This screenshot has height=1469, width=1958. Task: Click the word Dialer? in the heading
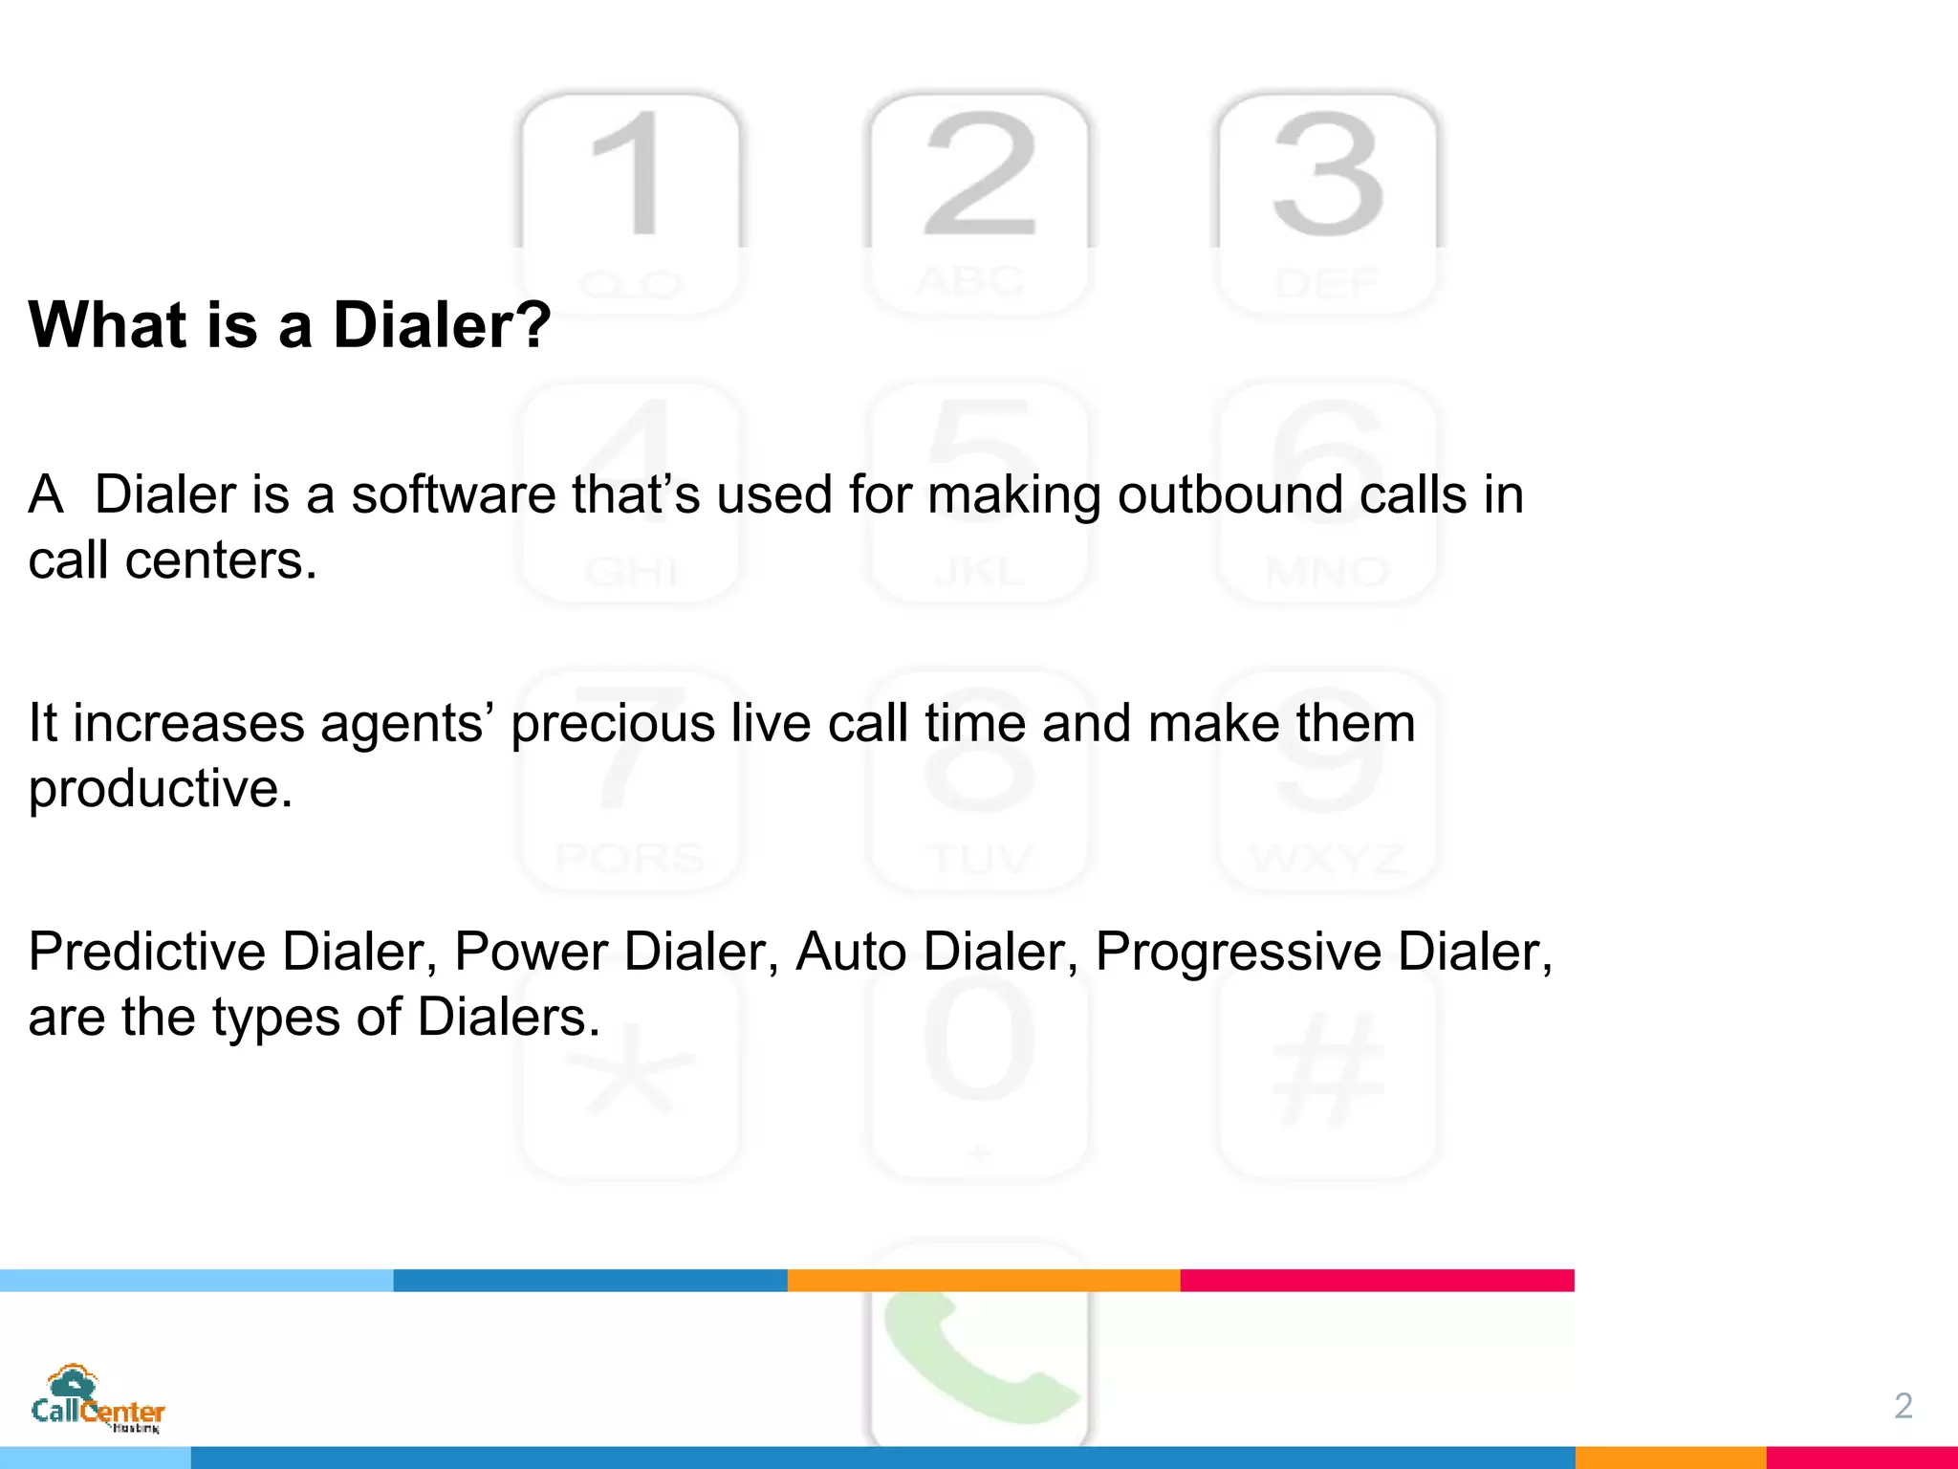click(x=442, y=325)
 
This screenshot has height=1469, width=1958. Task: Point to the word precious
click(x=613, y=723)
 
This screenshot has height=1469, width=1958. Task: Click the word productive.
click(x=160, y=789)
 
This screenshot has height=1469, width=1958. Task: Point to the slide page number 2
click(x=1903, y=1406)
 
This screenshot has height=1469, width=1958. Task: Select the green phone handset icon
click(x=975, y=1358)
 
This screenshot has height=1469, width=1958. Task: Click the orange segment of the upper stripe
click(x=984, y=1281)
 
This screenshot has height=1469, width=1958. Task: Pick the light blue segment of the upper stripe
click(x=196, y=1281)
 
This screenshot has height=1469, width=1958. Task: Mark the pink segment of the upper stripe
click(x=1377, y=1281)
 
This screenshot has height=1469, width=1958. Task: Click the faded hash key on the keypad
click(x=1328, y=1071)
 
